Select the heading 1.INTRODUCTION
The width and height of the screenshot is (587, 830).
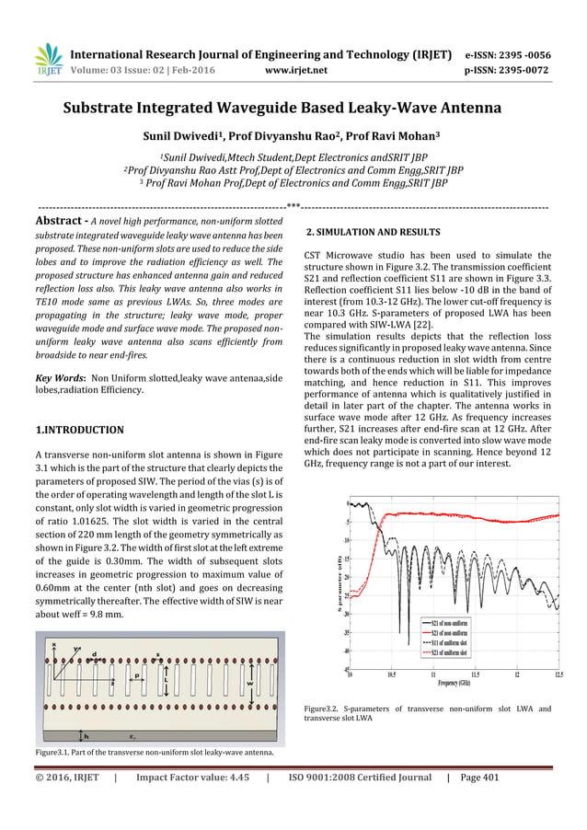(x=79, y=430)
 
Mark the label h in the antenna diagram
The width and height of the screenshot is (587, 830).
(x=86, y=736)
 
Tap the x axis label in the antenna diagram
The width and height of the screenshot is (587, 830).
(x=53, y=644)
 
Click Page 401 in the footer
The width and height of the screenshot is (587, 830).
(x=478, y=778)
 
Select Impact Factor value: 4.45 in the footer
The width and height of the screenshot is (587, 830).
(x=192, y=778)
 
